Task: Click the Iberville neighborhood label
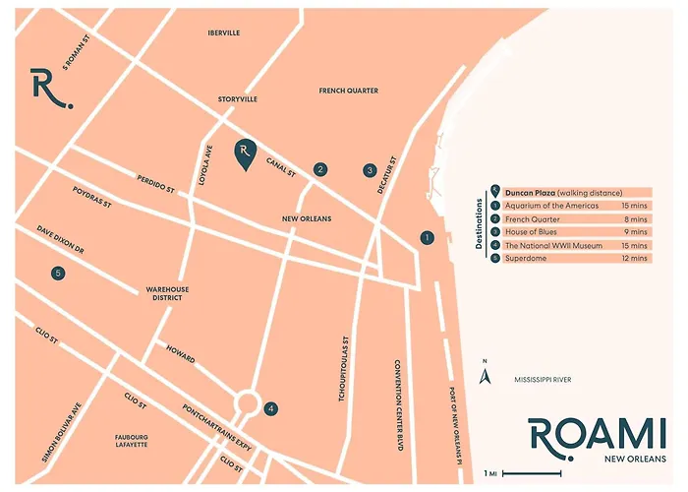pos(224,32)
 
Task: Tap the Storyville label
pos(237,99)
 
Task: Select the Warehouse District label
pos(167,294)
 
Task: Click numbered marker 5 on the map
pos(58,273)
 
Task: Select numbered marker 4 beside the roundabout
pos(271,408)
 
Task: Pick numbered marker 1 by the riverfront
pos(427,237)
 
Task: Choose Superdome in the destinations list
pos(527,258)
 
